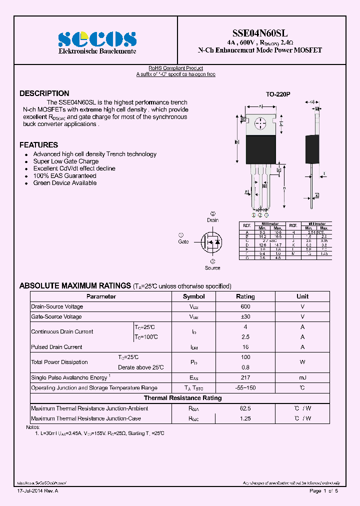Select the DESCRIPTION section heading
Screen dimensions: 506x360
(44, 93)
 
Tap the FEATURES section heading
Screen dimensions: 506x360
(38, 145)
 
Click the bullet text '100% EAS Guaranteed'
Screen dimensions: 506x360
(64, 176)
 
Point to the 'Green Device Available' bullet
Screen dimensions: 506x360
(65, 183)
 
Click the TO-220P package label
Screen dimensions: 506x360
(278, 94)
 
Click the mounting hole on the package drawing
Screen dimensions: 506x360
(260, 123)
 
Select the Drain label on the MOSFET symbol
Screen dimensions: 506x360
(212, 220)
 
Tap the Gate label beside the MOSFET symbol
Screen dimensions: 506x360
(183, 241)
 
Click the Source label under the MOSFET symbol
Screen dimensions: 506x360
(212, 268)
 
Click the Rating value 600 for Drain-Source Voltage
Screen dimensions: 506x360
(245, 306)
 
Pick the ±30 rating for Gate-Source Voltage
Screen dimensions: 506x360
(245, 317)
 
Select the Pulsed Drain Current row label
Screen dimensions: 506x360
(56, 347)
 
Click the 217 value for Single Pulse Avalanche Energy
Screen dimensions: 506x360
(245, 377)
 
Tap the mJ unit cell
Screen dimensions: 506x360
(302, 377)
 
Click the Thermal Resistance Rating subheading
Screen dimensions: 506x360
(182, 398)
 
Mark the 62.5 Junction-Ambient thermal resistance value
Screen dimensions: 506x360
(245, 408)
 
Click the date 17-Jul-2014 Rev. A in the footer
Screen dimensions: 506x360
(37, 491)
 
